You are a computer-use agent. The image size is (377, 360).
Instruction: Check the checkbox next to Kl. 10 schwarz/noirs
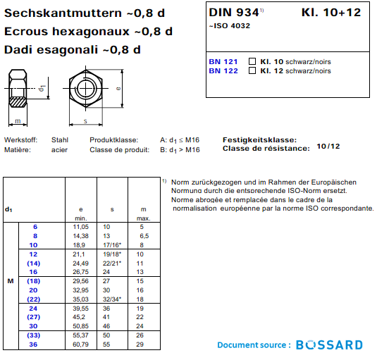pyautogui.click(x=252, y=61)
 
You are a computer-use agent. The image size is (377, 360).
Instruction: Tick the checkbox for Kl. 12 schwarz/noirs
pyautogui.click(x=252, y=70)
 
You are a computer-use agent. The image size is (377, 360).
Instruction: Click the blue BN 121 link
pyautogui.click(x=223, y=62)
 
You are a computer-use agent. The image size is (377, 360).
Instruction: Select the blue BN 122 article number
pyautogui.click(x=223, y=71)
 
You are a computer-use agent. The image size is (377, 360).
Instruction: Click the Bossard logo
pyautogui.click(x=329, y=345)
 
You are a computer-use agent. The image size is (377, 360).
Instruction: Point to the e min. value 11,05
pyautogui.click(x=81, y=227)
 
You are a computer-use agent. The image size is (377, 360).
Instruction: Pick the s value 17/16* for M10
pyautogui.click(x=112, y=245)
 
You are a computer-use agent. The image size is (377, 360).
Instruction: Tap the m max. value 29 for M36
pyautogui.click(x=140, y=345)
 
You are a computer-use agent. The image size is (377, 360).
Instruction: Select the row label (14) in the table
pyautogui.click(x=33, y=263)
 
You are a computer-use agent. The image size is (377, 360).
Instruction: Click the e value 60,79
pyautogui.click(x=81, y=345)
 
